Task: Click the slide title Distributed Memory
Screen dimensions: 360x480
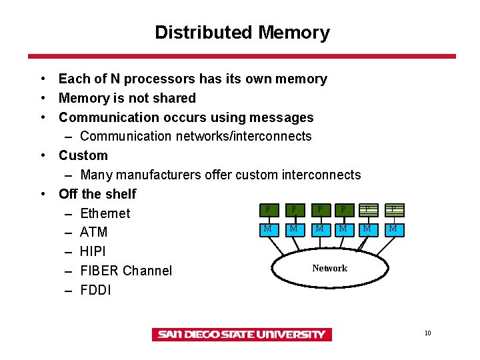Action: click(x=242, y=33)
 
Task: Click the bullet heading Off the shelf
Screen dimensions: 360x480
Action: click(x=97, y=194)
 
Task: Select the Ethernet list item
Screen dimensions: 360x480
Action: click(x=105, y=213)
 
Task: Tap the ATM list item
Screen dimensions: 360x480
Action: click(x=93, y=233)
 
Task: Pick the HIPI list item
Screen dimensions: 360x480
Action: click(x=93, y=252)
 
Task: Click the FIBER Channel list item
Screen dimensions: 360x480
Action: click(x=125, y=271)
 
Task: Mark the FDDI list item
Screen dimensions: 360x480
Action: click(x=95, y=290)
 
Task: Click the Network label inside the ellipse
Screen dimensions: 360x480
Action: click(x=329, y=268)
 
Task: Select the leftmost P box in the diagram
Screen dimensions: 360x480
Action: click(x=267, y=209)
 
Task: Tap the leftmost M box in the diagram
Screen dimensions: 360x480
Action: click(x=267, y=229)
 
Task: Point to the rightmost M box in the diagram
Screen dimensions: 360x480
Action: click(x=393, y=229)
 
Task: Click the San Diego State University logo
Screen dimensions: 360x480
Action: click(x=241, y=335)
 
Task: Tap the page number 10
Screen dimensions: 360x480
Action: click(x=427, y=333)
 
